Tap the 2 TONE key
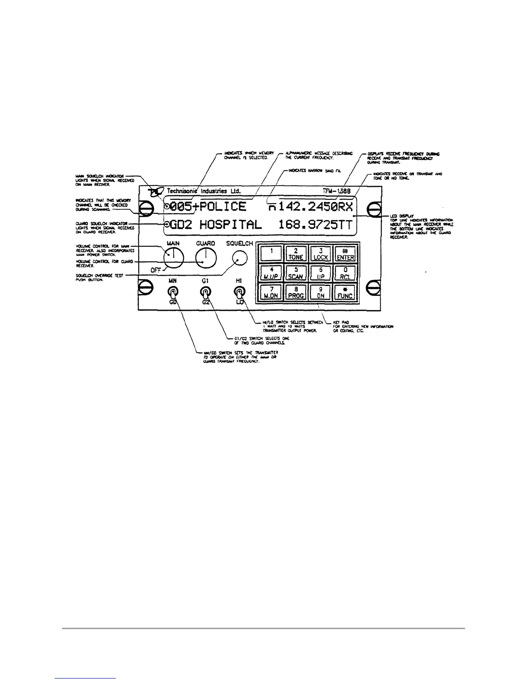click(296, 254)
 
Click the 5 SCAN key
click(296, 273)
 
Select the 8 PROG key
click(296, 292)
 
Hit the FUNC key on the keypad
click(345, 292)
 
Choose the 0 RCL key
click(345, 273)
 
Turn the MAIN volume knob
click(174, 258)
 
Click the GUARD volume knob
click(205, 258)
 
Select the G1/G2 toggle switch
click(205, 294)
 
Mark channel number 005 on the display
click(180, 207)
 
